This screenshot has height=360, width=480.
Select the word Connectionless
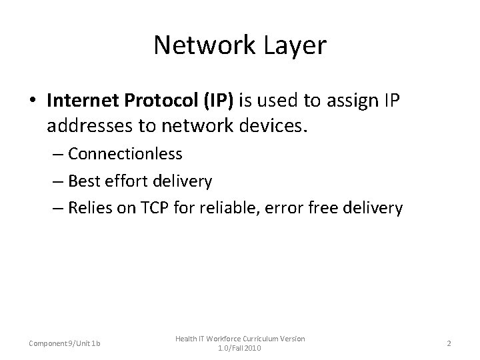(x=125, y=154)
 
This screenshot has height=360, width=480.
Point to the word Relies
(x=89, y=209)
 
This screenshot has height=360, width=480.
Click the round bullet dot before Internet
(x=33, y=101)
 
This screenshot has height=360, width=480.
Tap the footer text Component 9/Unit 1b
(x=64, y=343)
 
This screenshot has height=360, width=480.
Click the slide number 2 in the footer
(x=449, y=343)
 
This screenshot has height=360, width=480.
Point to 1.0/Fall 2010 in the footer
(x=239, y=348)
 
